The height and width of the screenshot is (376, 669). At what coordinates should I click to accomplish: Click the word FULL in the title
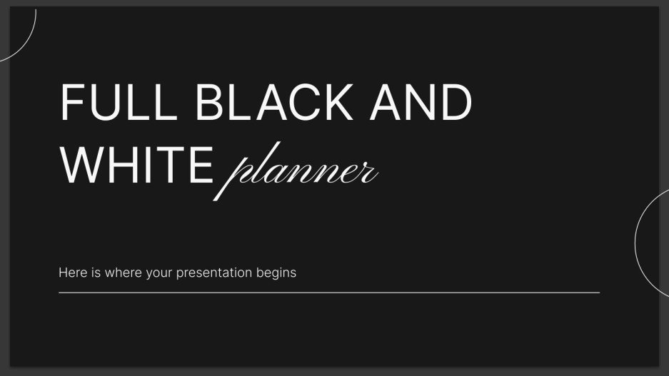pos(119,102)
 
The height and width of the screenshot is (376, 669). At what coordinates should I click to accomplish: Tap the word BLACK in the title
pos(273,102)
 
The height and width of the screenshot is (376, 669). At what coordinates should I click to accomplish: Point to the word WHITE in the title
pos(136,163)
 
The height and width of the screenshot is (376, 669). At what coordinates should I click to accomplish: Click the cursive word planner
pos(299,171)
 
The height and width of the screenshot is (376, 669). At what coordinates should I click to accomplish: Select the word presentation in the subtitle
pos(214,273)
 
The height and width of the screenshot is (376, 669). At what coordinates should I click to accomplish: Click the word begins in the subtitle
pos(278,273)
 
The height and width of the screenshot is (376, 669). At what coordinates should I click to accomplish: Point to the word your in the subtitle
pos(157,273)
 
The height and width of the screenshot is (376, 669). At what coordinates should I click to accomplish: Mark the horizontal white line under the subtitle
pos(328,292)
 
